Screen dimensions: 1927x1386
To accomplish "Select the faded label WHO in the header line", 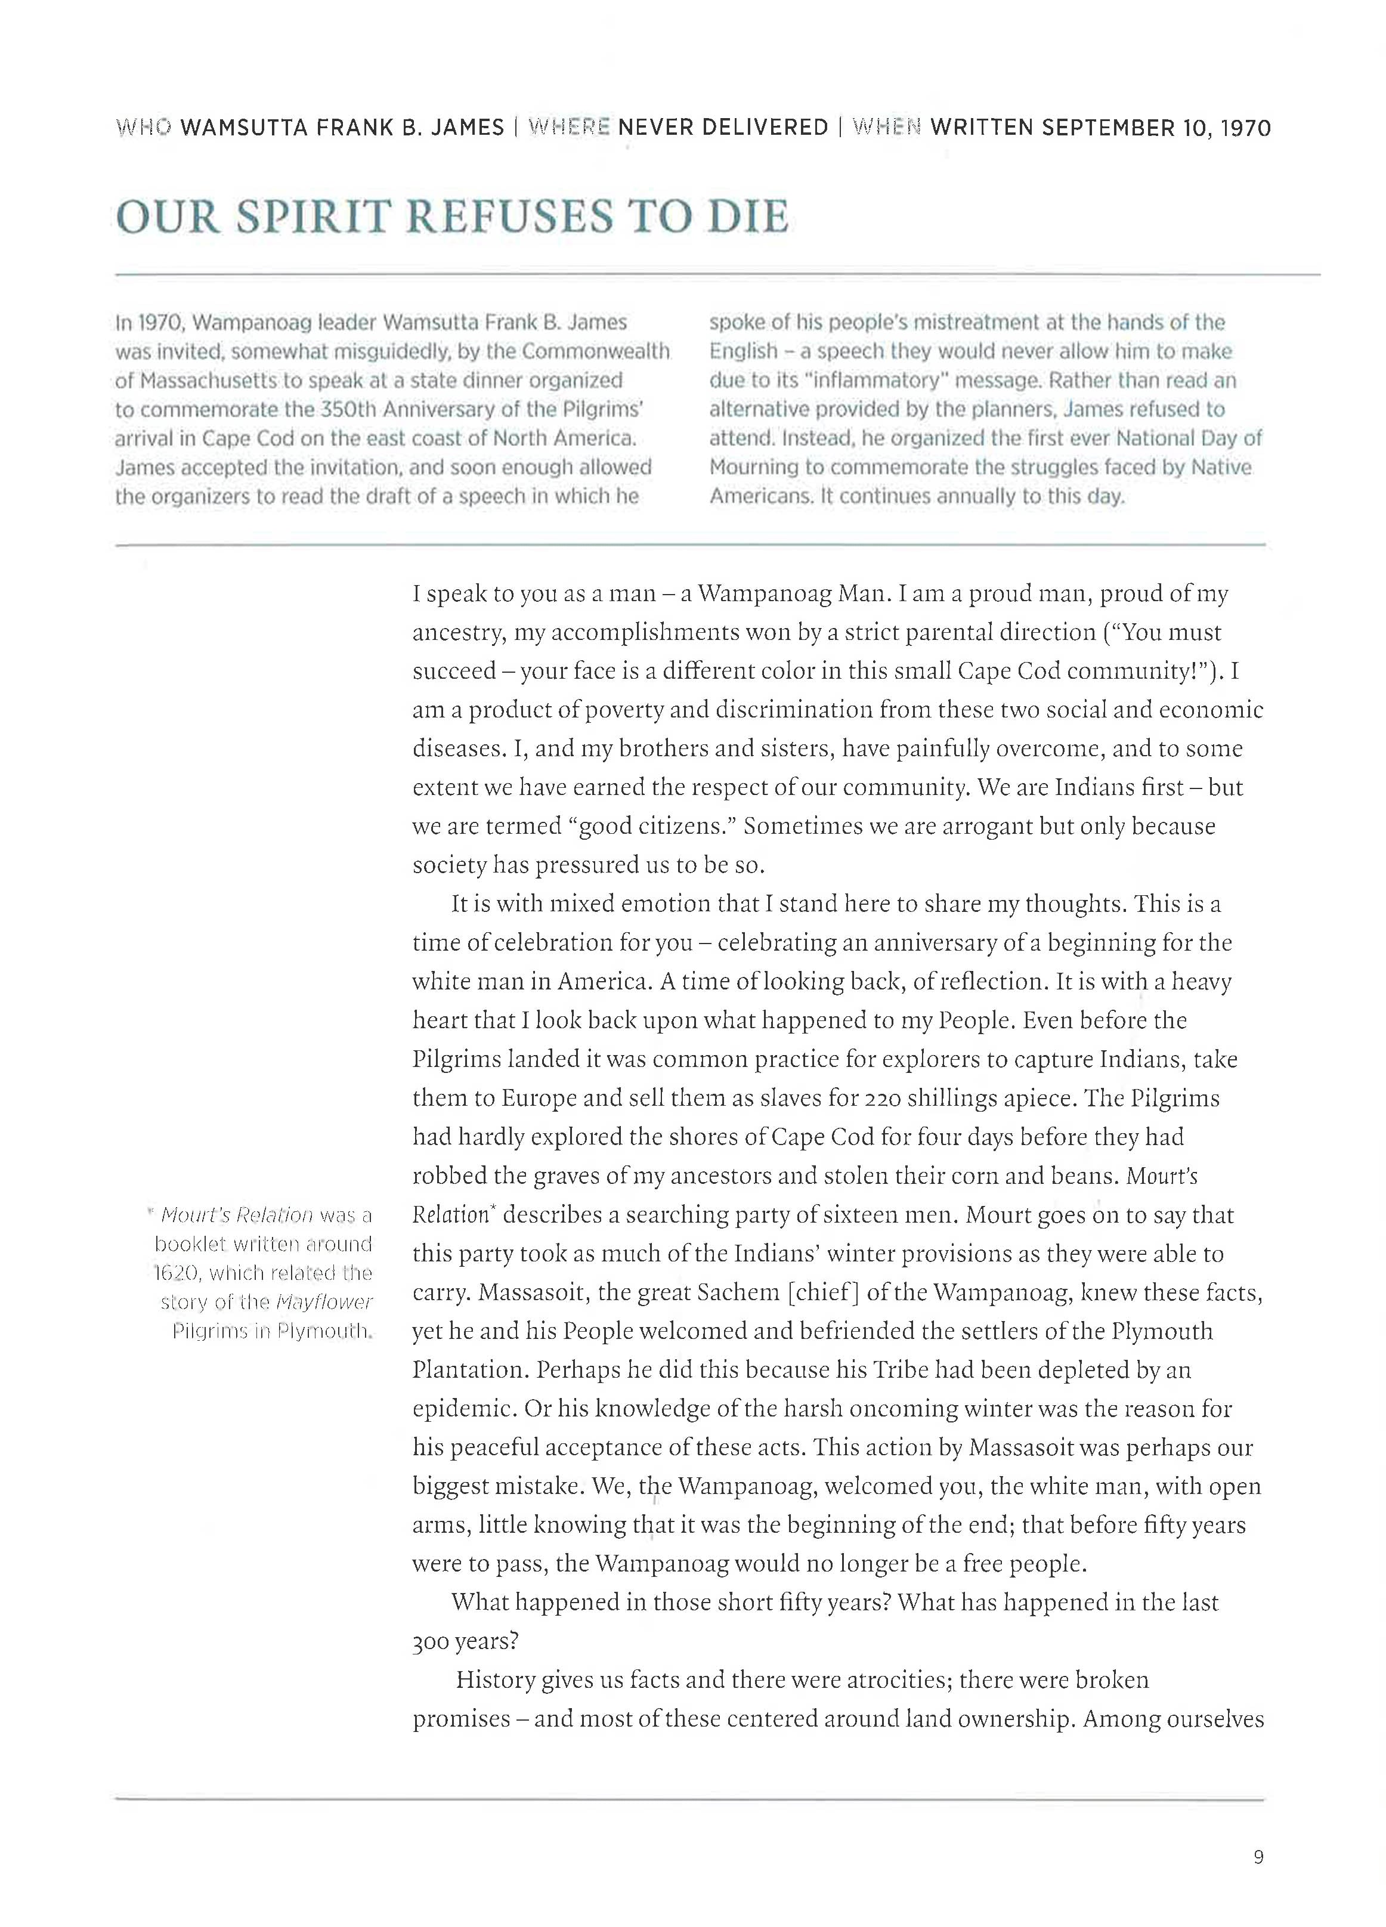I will click(x=143, y=128).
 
